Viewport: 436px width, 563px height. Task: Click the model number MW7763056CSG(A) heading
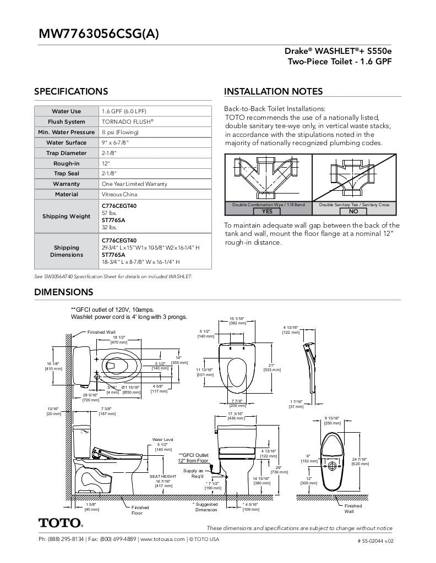99,34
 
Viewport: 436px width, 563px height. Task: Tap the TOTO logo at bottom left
61,523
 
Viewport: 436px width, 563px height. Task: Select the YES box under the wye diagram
267,211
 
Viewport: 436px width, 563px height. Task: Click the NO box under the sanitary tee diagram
353,211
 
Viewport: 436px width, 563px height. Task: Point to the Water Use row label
67,111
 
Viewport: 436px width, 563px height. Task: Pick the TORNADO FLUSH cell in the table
127,122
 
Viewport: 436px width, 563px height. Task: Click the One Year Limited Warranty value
134,184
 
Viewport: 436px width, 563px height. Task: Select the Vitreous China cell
119,194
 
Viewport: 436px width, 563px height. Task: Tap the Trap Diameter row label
67,153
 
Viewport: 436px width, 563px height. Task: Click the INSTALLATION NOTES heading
273,91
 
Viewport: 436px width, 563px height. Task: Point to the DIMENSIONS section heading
63,292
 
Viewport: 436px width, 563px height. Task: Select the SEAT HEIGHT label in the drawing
163,476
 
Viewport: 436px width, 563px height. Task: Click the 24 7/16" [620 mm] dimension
359,461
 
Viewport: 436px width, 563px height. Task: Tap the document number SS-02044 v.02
376,540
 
